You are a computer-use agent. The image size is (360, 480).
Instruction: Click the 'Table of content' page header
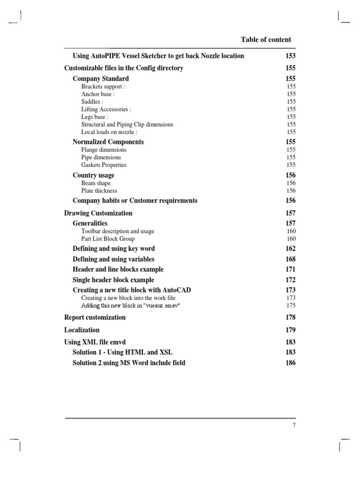point(266,40)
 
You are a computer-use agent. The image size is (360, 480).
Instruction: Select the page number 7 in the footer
point(294,426)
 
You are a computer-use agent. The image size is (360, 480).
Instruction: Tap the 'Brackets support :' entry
point(103,87)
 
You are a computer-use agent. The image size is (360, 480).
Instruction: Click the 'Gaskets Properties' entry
point(104,165)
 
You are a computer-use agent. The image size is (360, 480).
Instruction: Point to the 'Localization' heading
point(82,330)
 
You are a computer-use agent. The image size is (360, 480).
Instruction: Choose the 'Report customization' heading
point(95,317)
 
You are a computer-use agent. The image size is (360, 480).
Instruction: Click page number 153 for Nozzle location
point(291,56)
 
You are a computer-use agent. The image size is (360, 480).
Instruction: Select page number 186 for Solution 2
point(291,363)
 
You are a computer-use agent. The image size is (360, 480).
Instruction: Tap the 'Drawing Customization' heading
point(98,213)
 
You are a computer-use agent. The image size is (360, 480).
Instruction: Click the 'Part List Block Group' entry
point(108,239)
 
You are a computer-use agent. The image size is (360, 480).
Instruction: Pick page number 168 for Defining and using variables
point(291,259)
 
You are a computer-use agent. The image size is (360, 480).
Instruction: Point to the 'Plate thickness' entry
point(99,191)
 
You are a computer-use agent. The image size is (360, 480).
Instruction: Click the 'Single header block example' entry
point(113,280)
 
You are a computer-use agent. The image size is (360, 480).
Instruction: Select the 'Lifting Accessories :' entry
point(106,109)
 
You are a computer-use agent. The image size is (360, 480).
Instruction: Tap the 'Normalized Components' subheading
point(108,142)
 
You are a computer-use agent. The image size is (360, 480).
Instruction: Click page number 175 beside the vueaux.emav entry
point(291,305)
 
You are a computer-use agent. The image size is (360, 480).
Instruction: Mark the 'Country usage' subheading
point(93,175)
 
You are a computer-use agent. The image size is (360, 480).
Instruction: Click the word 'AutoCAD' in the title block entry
point(177,290)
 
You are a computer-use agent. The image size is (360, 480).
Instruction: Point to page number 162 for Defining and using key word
point(291,249)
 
